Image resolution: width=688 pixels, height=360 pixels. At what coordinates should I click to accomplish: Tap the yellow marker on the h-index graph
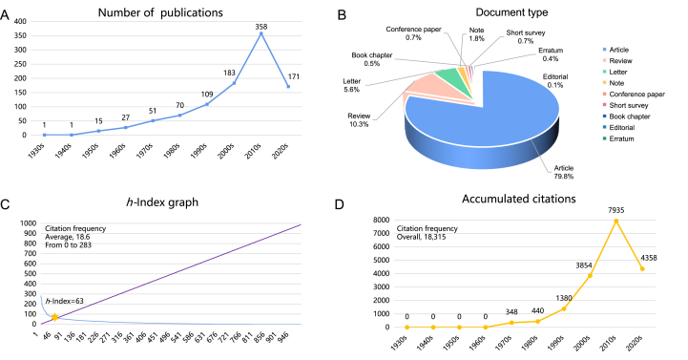coord(55,316)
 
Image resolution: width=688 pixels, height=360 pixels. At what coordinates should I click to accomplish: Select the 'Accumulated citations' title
coord(522,199)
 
